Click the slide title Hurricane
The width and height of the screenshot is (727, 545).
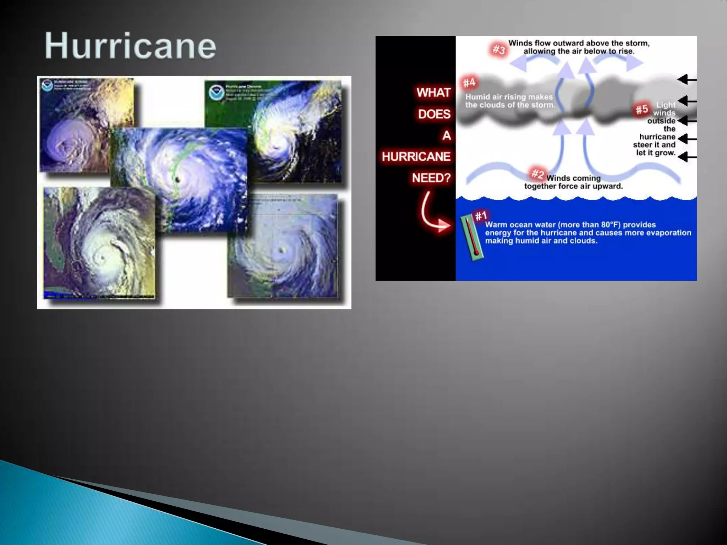(130, 46)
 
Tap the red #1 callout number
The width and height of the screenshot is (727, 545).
(481, 216)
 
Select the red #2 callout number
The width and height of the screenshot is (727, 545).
(537, 174)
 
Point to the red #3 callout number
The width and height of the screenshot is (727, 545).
(499, 50)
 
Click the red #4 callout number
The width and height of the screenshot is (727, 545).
(469, 83)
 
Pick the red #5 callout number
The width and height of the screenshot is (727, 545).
(642, 109)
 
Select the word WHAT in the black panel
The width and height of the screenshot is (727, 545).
(433, 93)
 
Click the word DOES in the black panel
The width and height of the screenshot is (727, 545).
(434, 114)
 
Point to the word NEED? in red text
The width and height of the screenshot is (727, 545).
(431, 178)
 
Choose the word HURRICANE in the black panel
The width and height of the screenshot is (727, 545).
(416, 156)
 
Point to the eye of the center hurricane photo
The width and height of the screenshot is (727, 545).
(177, 180)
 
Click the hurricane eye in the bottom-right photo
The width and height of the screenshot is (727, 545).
(282, 250)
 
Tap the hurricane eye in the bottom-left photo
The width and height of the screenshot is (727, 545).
(103, 258)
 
